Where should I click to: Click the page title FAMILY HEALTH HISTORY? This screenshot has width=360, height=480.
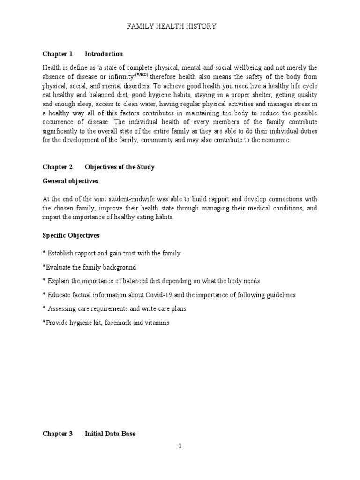172,27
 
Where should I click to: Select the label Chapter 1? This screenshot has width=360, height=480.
58,54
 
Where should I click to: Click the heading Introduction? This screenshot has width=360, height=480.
104,54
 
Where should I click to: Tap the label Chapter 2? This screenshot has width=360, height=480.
58,167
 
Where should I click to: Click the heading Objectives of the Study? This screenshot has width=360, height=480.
120,167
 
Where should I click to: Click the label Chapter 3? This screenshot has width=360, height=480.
58,434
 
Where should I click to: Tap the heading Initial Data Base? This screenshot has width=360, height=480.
110,434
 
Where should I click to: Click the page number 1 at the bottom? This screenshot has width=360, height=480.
180,446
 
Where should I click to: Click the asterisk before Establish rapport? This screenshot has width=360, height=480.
44,253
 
